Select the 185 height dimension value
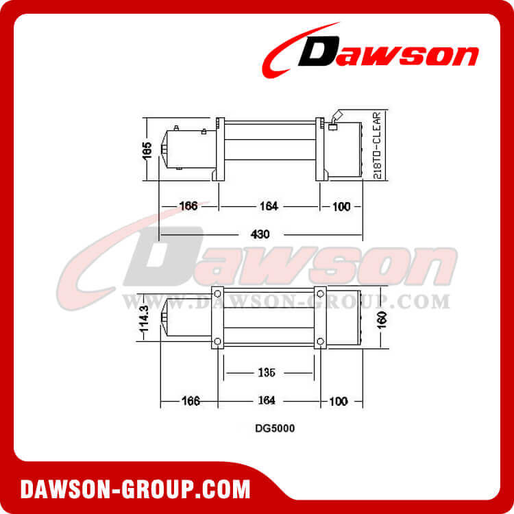147,149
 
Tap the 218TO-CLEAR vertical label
378,145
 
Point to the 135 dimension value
267,373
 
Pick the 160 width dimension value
382,320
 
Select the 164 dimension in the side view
267,206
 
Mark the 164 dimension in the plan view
267,401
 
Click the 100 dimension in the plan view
339,401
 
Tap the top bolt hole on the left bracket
217,293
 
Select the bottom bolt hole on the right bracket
319,342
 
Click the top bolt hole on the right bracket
319,293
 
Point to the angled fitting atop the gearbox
334,119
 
